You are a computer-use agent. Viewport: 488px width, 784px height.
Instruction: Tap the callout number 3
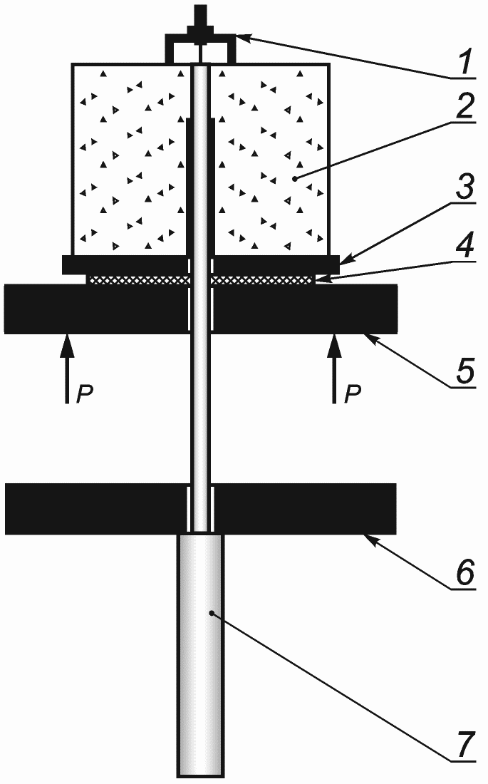tap(464, 192)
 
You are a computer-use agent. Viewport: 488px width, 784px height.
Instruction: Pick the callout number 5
tap(464, 373)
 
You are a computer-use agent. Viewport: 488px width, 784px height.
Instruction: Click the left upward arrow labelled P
tap(66, 368)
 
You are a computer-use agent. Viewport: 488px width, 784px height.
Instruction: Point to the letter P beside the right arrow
tap(352, 394)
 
